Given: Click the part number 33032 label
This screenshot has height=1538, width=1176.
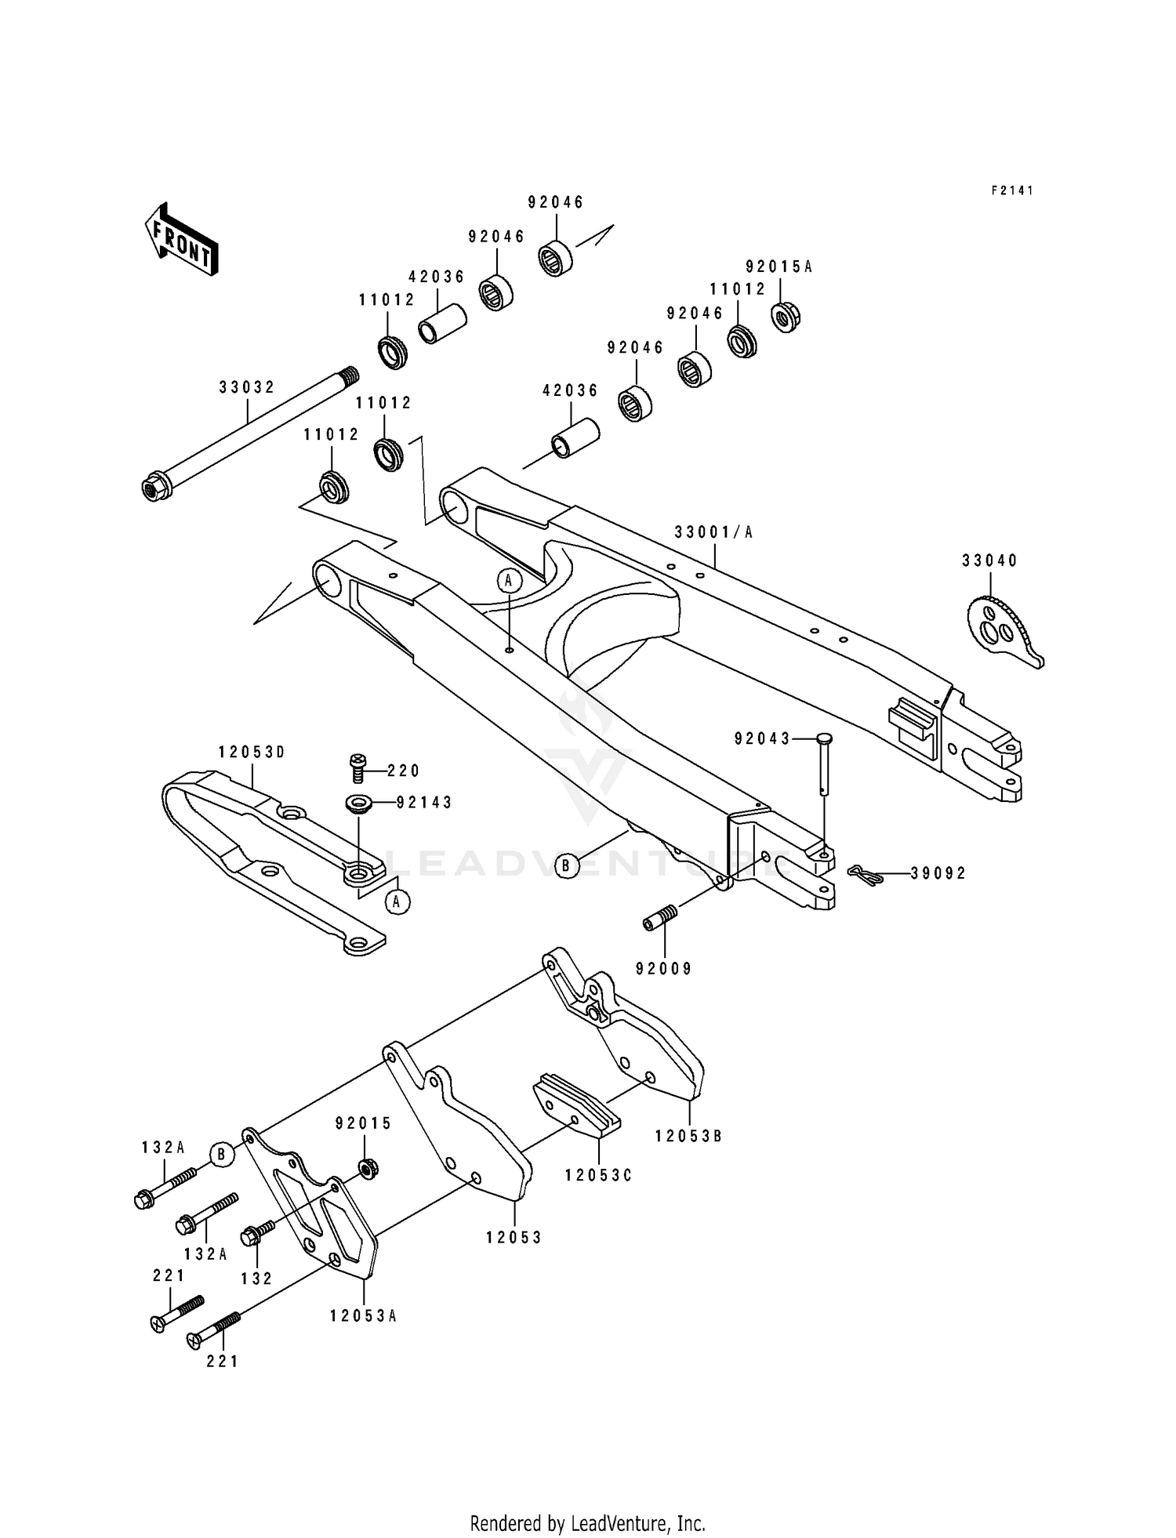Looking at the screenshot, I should [x=247, y=387].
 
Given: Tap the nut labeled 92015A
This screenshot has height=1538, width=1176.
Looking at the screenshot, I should [x=785, y=316].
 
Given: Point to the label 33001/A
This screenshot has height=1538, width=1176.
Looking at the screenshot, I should [x=713, y=533].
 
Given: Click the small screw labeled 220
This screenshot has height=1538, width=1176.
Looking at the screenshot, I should [x=358, y=767].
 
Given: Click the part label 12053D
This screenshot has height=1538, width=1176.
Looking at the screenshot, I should [x=252, y=753].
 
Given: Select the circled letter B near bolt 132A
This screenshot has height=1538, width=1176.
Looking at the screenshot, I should [x=222, y=1155].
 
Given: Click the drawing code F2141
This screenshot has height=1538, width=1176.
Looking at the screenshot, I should [x=1012, y=190].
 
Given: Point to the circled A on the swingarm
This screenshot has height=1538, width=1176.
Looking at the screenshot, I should [x=509, y=580].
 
